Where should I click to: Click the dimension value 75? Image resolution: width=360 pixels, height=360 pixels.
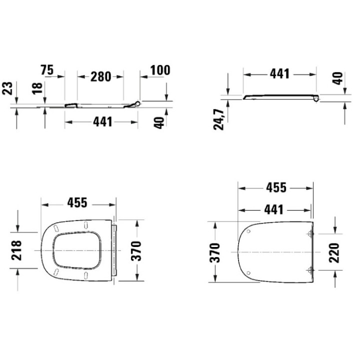click(47, 70)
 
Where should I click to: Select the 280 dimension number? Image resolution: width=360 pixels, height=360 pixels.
click(100, 76)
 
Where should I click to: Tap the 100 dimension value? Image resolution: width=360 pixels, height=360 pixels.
click(160, 70)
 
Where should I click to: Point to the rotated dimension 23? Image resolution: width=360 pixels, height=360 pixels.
click(7, 89)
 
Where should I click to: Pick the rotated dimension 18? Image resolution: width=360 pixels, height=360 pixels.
click(36, 89)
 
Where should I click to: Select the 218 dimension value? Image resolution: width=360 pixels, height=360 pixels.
click(16, 249)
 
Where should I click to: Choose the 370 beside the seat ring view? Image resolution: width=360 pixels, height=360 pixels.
click(136, 250)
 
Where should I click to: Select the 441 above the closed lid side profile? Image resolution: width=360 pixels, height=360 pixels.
click(279, 74)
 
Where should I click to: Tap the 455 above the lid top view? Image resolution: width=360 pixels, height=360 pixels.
click(275, 188)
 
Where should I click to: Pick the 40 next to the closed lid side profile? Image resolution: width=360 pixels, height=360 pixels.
click(338, 78)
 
